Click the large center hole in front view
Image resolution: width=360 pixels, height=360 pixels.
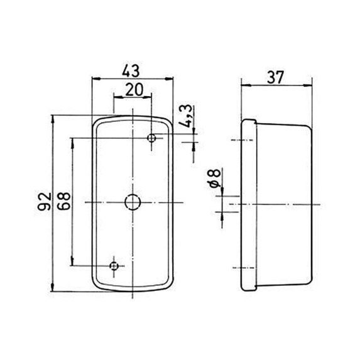[133, 202]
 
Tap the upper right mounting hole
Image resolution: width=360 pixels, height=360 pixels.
[151, 138]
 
